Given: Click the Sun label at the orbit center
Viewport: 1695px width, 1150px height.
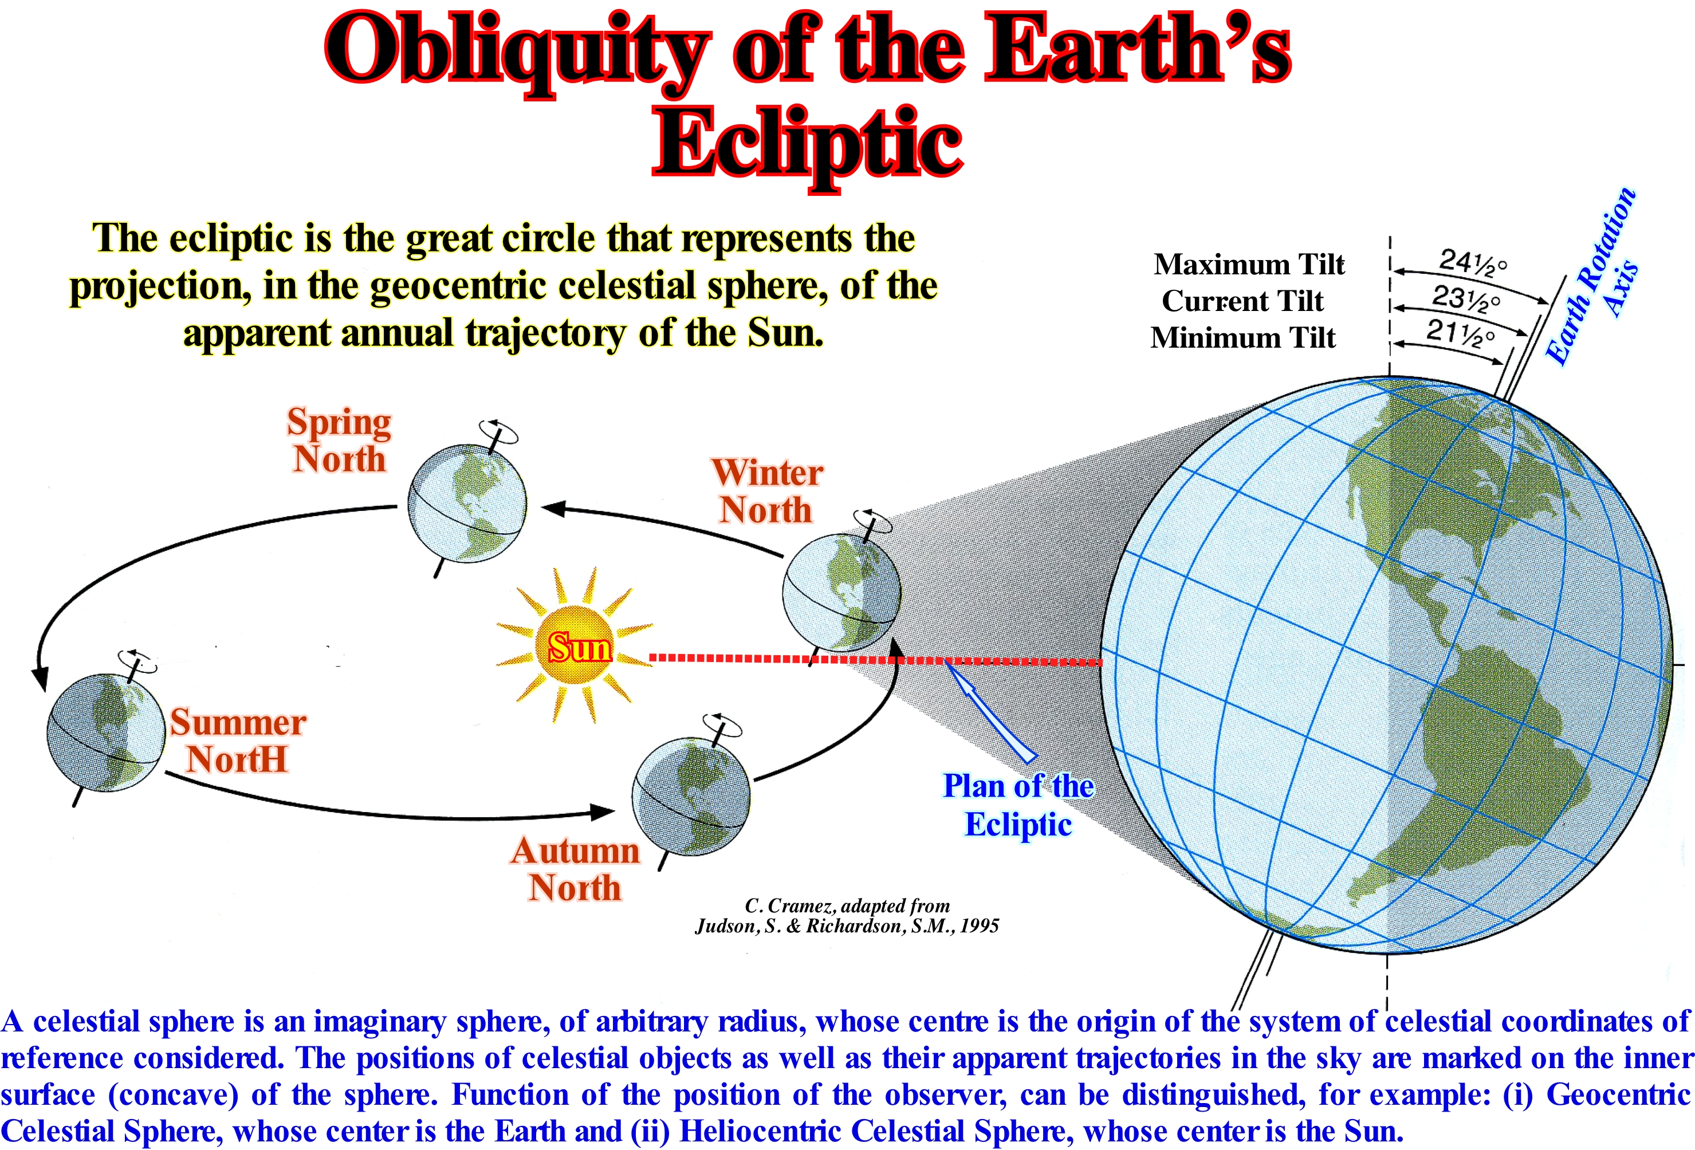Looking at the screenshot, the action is pos(580,647).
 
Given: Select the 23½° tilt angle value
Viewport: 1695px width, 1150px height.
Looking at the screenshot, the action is pos(1465,298).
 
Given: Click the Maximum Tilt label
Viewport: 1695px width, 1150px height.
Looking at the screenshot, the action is pos(1249,264).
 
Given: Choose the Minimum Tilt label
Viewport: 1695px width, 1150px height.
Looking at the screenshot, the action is pos(1243,338).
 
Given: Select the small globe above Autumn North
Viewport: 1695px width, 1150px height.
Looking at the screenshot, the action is pos(691,795).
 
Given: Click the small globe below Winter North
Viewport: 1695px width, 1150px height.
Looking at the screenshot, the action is pos(841,592).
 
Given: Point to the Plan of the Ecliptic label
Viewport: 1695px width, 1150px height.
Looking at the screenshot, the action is pos(1018,805).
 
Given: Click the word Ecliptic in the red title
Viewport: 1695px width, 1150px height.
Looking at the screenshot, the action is pos(807,144).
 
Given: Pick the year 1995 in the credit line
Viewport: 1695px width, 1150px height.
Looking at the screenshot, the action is pos(979,926).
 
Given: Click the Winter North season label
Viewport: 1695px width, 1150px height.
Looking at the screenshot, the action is pos(766,491).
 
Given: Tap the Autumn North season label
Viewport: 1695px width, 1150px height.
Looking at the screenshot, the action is pos(576,869).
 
